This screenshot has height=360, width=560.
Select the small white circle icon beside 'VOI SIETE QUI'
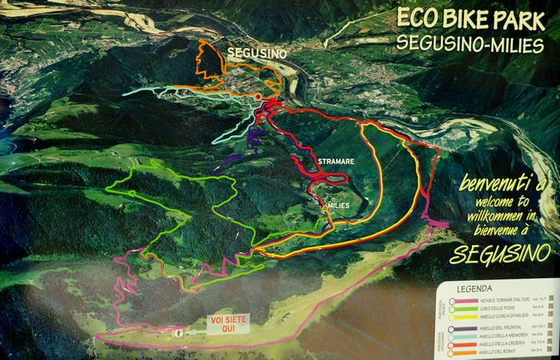(179, 330)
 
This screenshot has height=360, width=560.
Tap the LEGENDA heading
(474, 288)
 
